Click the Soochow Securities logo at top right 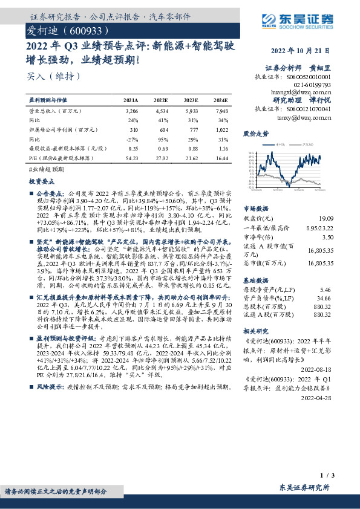click(301, 22)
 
